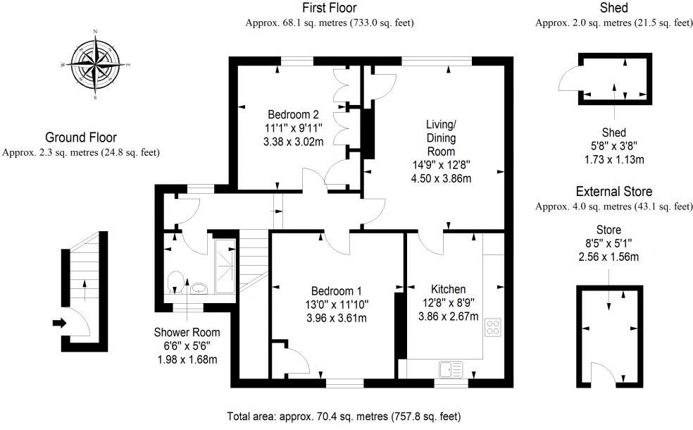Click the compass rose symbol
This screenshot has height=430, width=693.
95,64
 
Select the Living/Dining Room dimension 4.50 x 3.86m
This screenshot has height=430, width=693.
440,178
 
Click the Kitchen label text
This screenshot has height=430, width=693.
448,289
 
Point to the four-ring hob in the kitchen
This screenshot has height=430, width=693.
492,327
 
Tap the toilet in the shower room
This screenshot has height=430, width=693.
176,283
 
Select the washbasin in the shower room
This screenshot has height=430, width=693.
199,288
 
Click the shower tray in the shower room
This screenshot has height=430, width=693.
226,266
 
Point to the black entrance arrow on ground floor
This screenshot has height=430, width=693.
58,324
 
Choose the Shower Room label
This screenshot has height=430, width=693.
187,333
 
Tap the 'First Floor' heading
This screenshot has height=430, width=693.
329,8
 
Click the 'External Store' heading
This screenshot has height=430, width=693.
613,192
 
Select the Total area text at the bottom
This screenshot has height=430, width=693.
344,416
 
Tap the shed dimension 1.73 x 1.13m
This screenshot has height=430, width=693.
613,159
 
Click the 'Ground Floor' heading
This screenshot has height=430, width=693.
81,137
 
